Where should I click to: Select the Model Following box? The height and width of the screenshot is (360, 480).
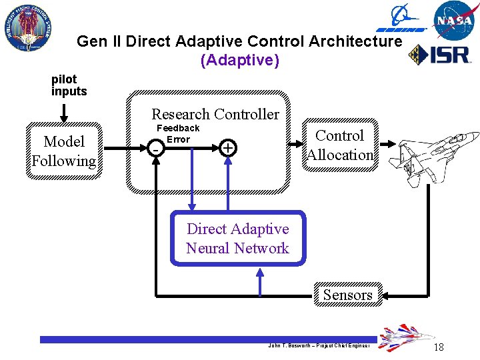click(64, 151)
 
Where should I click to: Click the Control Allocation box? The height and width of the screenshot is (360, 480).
click(339, 145)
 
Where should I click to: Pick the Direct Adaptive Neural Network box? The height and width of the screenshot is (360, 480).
click(237, 239)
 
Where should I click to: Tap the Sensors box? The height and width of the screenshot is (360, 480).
click(347, 295)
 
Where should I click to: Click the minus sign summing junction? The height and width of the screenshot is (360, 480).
click(155, 149)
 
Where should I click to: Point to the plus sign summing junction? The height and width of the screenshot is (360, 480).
click(227, 147)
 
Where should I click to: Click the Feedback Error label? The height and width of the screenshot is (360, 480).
click(178, 133)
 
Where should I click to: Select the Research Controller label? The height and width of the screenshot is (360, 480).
click(215, 114)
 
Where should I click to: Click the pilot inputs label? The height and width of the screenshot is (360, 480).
click(69, 85)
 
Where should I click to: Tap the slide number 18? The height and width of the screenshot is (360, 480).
click(438, 347)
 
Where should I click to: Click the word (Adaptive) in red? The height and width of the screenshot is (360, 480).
click(239, 60)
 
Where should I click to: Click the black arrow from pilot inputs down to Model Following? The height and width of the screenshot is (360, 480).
click(65, 111)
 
